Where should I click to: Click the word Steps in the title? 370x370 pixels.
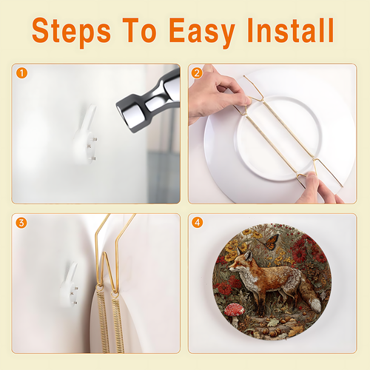pyautogui.click(x=71, y=31)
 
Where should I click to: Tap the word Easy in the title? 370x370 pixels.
pyautogui.click(x=202, y=33)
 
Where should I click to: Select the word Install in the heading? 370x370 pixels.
pyautogui.click(x=291, y=30)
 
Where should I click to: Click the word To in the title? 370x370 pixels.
pyautogui.click(x=139, y=30)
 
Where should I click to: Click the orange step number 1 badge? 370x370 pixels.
pyautogui.click(x=21, y=73)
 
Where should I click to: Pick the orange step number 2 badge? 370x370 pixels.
pyautogui.click(x=197, y=73)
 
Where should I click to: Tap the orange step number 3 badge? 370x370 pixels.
pyautogui.click(x=21, y=223)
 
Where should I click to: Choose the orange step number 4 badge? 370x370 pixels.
pyautogui.click(x=197, y=223)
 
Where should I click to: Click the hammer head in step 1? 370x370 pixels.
pyautogui.click(x=148, y=101)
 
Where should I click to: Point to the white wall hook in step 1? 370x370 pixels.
pyautogui.click(x=85, y=135)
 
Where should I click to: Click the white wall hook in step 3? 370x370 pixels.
pyautogui.click(x=70, y=285)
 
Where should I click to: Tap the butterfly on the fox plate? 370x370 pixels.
pyautogui.click(x=270, y=242)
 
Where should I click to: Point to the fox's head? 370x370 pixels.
pyautogui.click(x=240, y=261)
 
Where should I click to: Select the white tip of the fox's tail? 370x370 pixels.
pyautogui.click(x=315, y=305)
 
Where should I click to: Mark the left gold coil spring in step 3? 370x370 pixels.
pyautogui.click(x=103, y=320)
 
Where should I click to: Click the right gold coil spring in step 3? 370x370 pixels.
pyautogui.click(x=118, y=323)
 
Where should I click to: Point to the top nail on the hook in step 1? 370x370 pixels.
pyautogui.click(x=94, y=139)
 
